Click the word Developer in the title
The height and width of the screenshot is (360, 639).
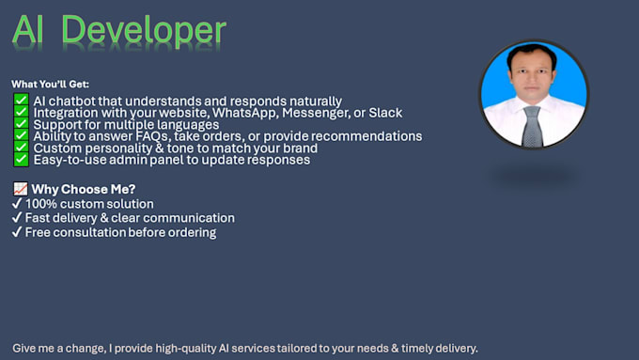146,30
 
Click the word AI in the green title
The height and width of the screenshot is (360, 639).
31,30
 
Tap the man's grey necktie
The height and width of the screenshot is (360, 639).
532,125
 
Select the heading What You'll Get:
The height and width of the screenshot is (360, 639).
50,85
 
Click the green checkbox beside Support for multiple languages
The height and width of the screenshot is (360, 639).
21,125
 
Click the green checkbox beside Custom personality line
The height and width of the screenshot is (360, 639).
21,149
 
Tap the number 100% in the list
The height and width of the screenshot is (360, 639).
43,204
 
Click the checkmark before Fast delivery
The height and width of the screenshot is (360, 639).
17,218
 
